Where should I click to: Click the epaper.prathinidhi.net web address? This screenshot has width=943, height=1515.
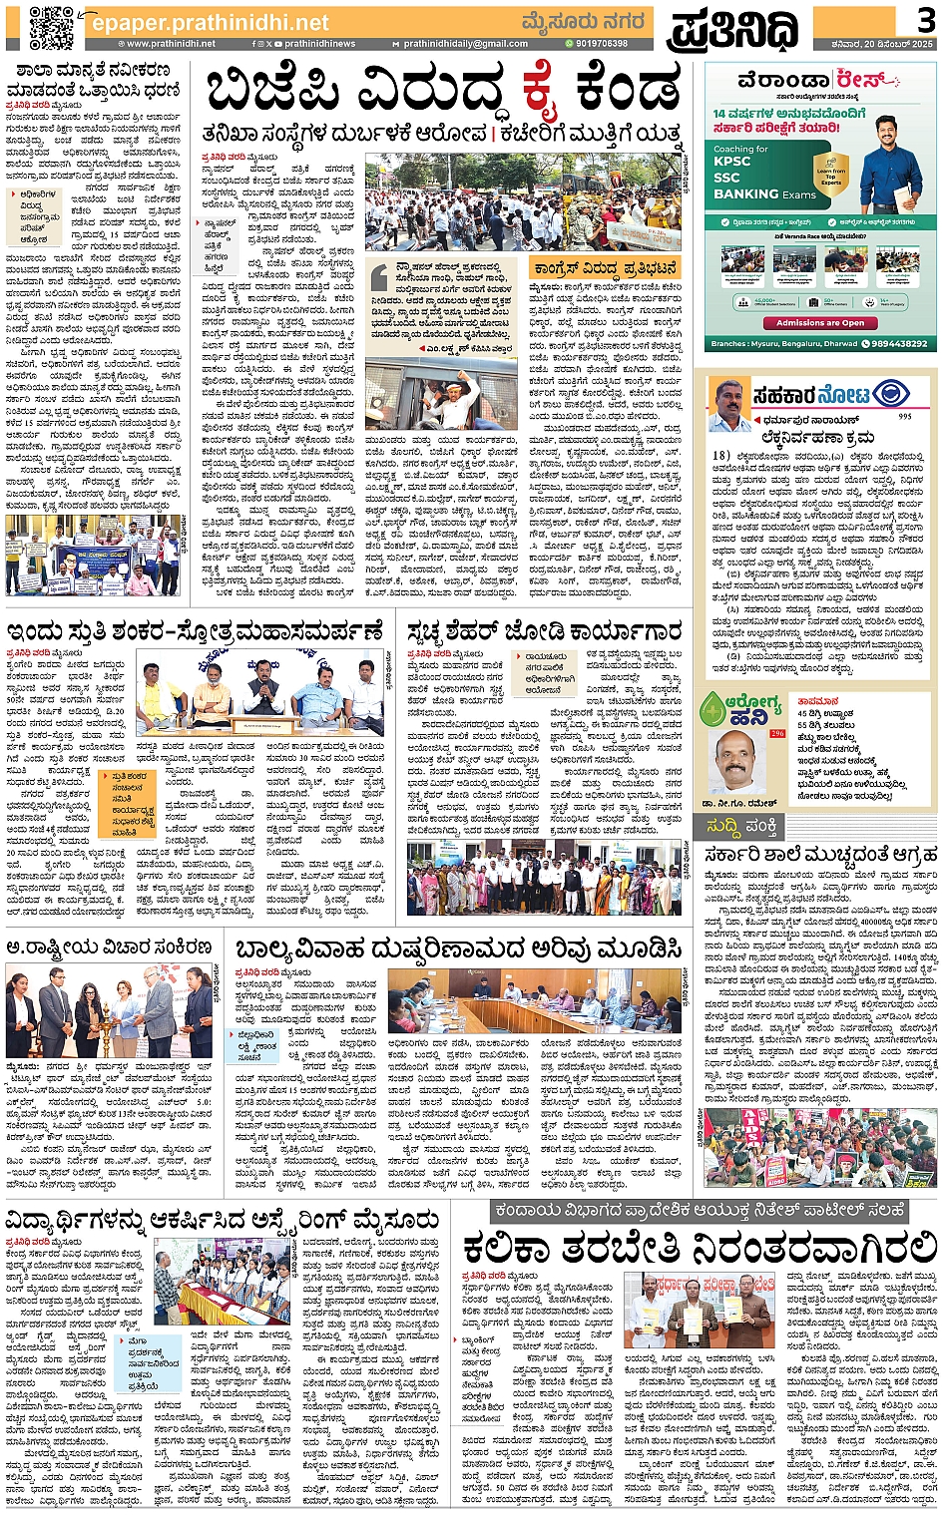pos(210,22)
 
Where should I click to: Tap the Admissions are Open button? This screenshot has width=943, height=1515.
pos(820,323)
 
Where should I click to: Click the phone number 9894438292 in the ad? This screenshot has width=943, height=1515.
pos(894,343)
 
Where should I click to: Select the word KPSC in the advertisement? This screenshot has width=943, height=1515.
pos(732,162)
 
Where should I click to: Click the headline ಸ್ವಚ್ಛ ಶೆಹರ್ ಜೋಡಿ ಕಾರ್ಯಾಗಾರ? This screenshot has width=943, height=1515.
pos(545,630)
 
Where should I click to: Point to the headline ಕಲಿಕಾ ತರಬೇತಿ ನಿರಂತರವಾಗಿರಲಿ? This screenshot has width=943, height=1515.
pos(700,1248)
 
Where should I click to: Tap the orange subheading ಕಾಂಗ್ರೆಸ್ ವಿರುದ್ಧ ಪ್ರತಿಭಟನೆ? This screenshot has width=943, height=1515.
pos(605,269)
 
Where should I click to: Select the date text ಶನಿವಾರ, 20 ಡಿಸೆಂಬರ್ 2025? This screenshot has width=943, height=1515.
pos(886,44)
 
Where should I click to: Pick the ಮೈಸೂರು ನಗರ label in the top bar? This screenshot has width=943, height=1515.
pos(583,22)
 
